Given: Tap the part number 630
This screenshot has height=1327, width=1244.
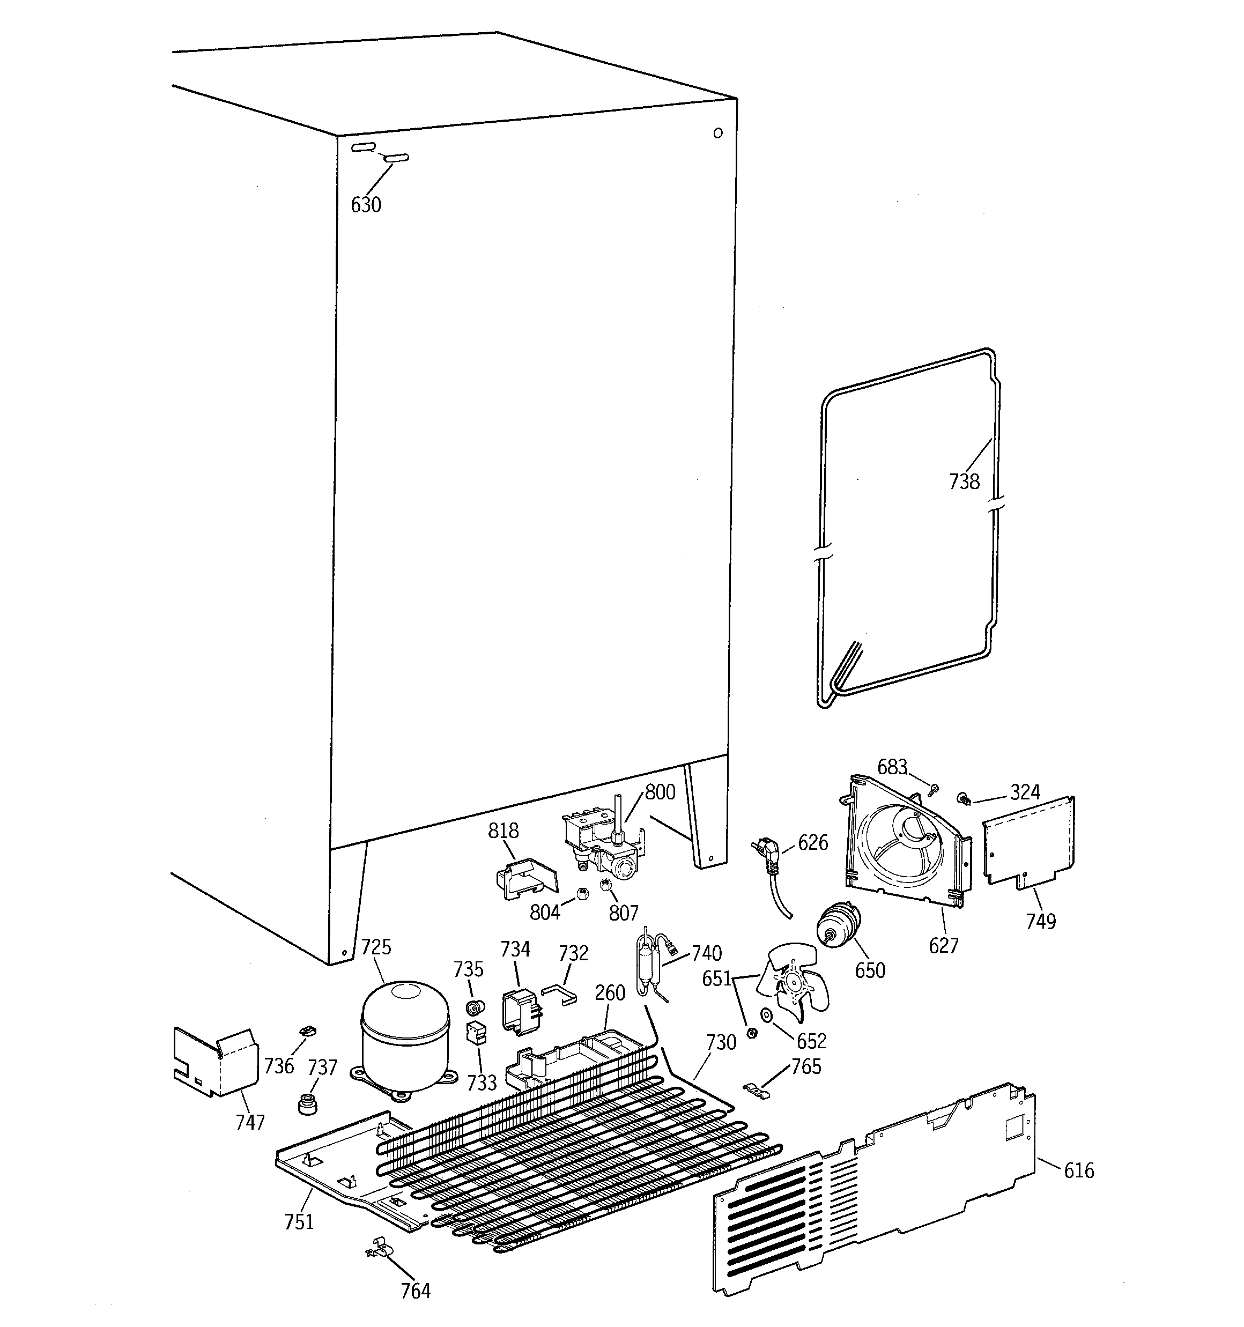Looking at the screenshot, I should pos(366,205).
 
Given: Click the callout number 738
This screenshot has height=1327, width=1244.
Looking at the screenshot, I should pos(964,481).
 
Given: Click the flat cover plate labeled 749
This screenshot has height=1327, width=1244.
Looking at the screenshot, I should pos(1029,844).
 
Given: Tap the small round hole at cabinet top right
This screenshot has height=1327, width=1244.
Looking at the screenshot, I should pos(718,133).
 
